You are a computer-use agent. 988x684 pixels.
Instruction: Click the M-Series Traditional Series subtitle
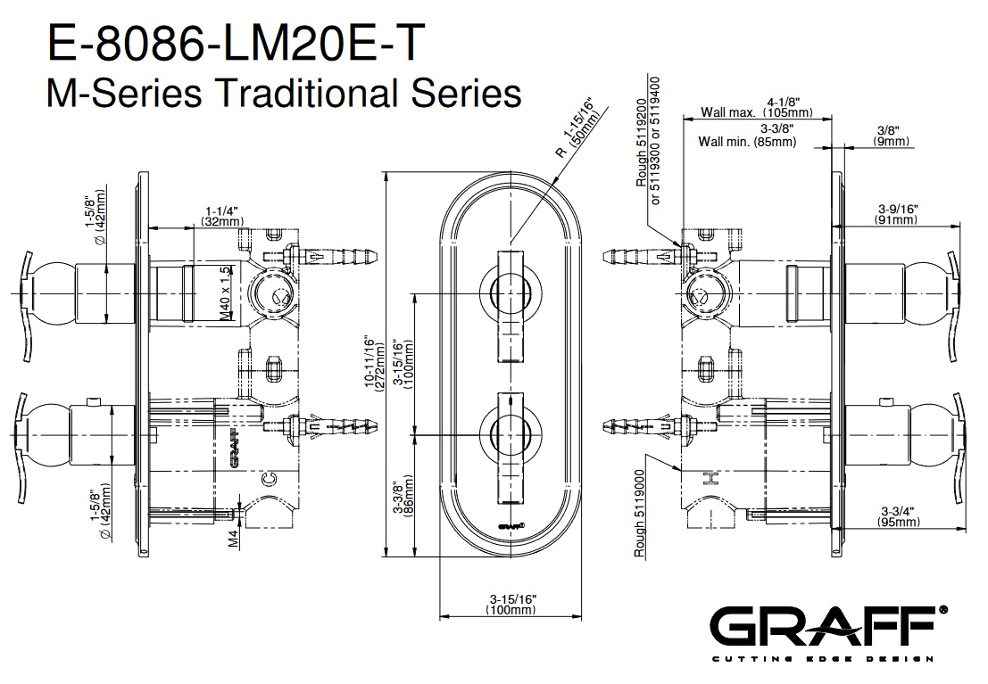click(283, 92)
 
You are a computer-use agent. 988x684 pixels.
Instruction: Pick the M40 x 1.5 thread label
click(226, 289)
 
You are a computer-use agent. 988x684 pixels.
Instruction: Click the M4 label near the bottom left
click(233, 538)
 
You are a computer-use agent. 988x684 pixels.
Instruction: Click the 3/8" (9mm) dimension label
click(890, 136)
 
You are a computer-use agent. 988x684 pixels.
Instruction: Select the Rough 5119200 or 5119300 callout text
click(648, 143)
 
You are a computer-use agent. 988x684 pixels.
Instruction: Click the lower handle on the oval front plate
click(511, 432)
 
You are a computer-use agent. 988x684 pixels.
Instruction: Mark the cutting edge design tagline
click(821, 659)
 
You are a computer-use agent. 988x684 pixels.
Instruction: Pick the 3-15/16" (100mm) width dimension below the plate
click(512, 604)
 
